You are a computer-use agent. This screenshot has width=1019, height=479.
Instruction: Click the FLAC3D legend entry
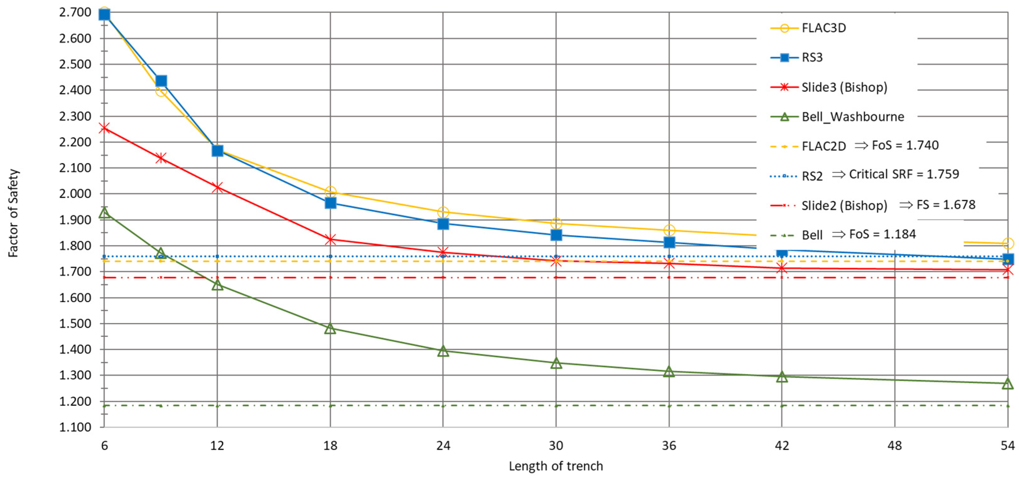pyautogui.click(x=823, y=28)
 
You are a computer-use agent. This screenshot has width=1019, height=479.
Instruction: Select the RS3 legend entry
pyautogui.click(x=812, y=58)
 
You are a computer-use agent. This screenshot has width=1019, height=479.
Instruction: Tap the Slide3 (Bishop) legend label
pyautogui.click(x=844, y=87)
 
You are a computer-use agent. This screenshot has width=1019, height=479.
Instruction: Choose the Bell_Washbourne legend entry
pyautogui.click(x=853, y=117)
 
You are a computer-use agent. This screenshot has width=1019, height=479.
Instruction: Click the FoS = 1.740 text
pyautogui.click(x=905, y=145)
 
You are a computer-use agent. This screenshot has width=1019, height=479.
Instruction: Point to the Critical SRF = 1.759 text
pyautogui.click(x=903, y=174)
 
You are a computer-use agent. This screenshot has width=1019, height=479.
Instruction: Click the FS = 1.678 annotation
pyautogui.click(x=945, y=205)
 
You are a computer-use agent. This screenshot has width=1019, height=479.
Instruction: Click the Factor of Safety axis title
pyautogui.click(x=13, y=213)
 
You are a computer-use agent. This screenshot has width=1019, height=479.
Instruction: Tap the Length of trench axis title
pyautogui.click(x=555, y=466)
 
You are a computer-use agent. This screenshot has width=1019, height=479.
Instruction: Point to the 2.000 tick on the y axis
pyautogui.click(x=75, y=194)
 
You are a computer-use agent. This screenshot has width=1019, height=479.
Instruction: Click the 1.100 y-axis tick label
pyautogui.click(x=75, y=427)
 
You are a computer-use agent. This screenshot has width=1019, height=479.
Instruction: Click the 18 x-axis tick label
pyautogui.click(x=330, y=446)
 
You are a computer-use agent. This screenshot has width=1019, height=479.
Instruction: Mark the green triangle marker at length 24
pyautogui.click(x=443, y=351)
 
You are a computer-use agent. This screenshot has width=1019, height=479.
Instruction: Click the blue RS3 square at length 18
pyautogui.click(x=330, y=203)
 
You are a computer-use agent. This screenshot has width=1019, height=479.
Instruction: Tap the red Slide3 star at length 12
pyautogui.click(x=217, y=188)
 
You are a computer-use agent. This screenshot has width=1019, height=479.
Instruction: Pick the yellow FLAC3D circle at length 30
pyautogui.click(x=556, y=224)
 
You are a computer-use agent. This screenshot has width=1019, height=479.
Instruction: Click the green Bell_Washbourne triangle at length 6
pyautogui.click(x=105, y=213)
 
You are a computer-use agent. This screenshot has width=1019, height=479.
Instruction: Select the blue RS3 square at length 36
pyautogui.click(x=669, y=242)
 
